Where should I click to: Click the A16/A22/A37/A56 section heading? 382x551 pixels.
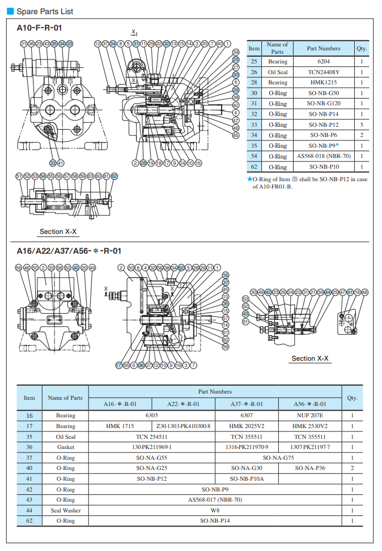pos(69,251)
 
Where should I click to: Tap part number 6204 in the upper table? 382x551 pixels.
pos(324,61)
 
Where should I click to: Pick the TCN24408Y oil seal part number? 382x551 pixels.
pos(324,72)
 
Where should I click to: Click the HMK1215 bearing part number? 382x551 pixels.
pos(324,83)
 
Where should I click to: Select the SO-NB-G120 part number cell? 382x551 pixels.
pos(324,104)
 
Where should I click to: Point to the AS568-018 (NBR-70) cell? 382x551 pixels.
pos(324,156)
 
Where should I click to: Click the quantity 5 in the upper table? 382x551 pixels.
pos(362,125)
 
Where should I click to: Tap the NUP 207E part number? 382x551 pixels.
pos(309,415)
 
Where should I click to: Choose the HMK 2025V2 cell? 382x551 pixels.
pos(247,426)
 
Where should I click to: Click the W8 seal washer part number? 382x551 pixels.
pos(215,510)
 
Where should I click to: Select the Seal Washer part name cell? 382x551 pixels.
pos(65,510)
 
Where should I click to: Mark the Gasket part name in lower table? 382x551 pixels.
pos(65,447)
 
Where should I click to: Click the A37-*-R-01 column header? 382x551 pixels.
pos(247,404)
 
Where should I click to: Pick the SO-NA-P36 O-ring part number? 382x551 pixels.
pos(309,468)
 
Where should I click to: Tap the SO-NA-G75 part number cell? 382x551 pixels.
pos(278,458)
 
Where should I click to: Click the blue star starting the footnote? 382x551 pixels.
pos(249,179)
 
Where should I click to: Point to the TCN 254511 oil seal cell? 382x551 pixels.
pos(152,437)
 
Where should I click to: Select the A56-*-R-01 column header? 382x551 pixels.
pos(309,404)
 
